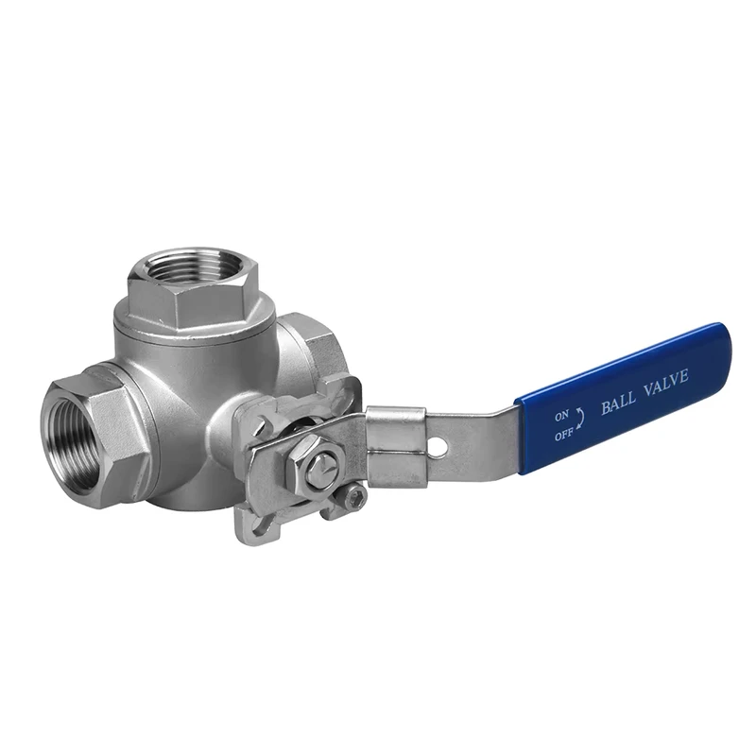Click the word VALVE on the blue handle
(666, 387)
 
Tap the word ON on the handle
(561, 415)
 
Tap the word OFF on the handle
(563, 435)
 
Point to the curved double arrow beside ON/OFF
(581, 418)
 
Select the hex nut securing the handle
(317, 464)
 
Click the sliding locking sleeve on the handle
(395, 447)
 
